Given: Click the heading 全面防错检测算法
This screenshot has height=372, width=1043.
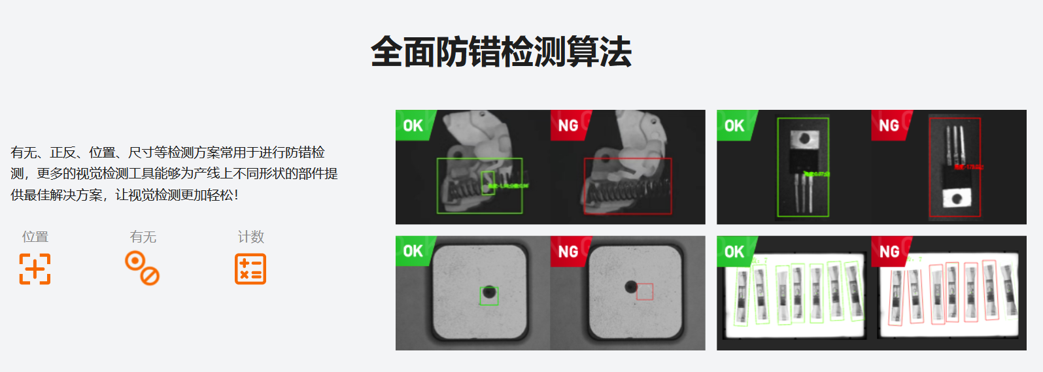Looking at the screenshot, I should click(x=501, y=52).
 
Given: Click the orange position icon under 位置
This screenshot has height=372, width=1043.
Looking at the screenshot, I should click(x=35, y=269).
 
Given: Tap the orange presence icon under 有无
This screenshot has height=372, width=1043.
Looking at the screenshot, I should click(x=143, y=269).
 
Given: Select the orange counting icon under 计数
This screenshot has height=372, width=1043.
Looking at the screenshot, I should click(x=250, y=269).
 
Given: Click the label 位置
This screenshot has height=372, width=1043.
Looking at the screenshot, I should click(x=35, y=237).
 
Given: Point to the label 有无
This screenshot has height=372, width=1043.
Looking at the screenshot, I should click(x=143, y=237).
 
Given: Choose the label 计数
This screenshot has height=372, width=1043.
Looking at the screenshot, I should click(x=250, y=237).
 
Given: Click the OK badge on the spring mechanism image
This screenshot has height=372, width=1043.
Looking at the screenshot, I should click(x=413, y=125).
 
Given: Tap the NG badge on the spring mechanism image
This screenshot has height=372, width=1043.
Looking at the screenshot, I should click(x=568, y=125).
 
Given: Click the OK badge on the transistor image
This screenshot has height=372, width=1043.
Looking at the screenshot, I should click(x=734, y=125).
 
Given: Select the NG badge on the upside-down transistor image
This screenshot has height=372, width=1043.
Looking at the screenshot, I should click(x=889, y=125).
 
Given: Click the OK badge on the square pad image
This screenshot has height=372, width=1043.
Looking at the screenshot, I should click(x=413, y=251).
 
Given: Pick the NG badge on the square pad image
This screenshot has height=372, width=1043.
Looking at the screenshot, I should click(x=568, y=251).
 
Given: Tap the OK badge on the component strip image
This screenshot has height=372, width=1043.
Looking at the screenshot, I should click(x=734, y=251).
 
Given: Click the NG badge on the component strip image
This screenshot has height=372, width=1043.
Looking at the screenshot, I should click(x=889, y=251).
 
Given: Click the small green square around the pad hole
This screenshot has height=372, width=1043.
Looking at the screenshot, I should click(x=488, y=296).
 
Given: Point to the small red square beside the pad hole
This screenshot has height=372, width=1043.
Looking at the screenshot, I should click(x=645, y=292).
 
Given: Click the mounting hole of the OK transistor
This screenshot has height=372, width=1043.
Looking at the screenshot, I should click(x=804, y=139).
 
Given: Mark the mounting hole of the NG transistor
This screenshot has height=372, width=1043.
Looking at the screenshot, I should click(x=956, y=198).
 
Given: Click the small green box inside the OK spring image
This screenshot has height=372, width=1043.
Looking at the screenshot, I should click(x=488, y=182).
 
